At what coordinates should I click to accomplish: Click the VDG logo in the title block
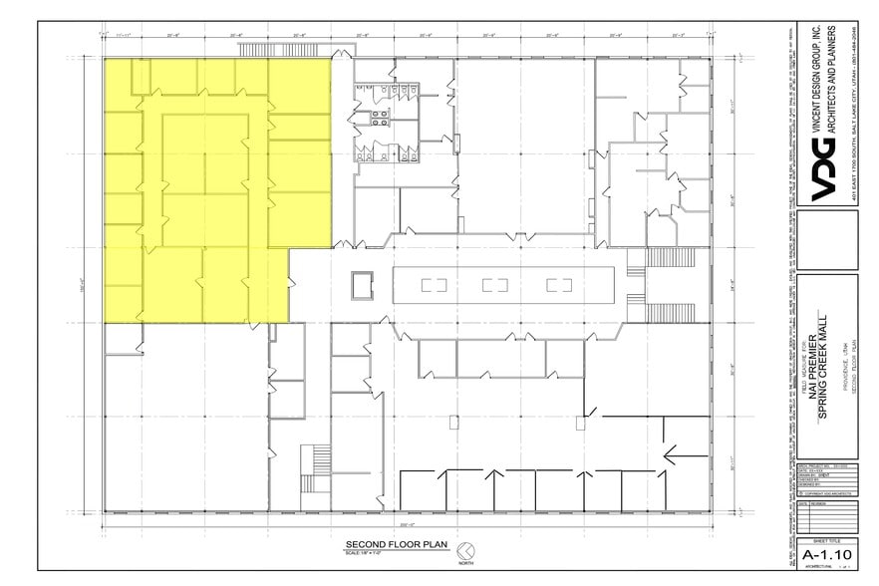[827, 177]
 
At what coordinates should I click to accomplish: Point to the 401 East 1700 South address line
[854, 110]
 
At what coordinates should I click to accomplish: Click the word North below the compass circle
[464, 563]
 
